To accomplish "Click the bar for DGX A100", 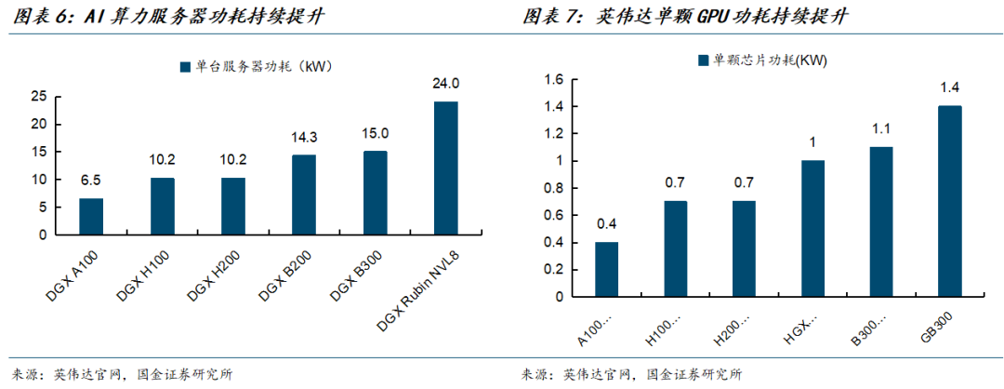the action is tap(91, 217).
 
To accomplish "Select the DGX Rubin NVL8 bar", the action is tap(445, 168).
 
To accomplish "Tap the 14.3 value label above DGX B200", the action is tap(304, 138).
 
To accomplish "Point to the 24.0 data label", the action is tap(445, 84).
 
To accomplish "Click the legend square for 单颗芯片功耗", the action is tap(703, 60).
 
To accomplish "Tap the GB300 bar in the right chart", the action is tap(949, 201).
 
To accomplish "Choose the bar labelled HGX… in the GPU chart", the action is tap(812, 228).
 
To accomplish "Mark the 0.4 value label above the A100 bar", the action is tap(606, 223).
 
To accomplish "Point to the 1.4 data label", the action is tap(949, 87).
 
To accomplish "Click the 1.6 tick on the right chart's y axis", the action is tap(553, 79).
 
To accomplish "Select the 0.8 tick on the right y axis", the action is tap(553, 188).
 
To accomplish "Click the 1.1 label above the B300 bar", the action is tap(881, 128).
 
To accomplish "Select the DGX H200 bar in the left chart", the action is tap(233, 207).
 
